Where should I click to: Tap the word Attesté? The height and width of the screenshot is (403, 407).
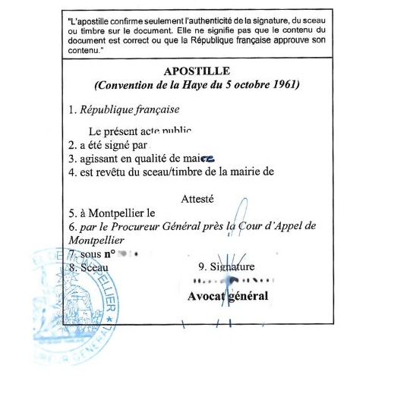pos(197,199)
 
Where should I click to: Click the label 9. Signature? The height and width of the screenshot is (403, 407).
pos(226,266)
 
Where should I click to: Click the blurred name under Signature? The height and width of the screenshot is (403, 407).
pos(232,280)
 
